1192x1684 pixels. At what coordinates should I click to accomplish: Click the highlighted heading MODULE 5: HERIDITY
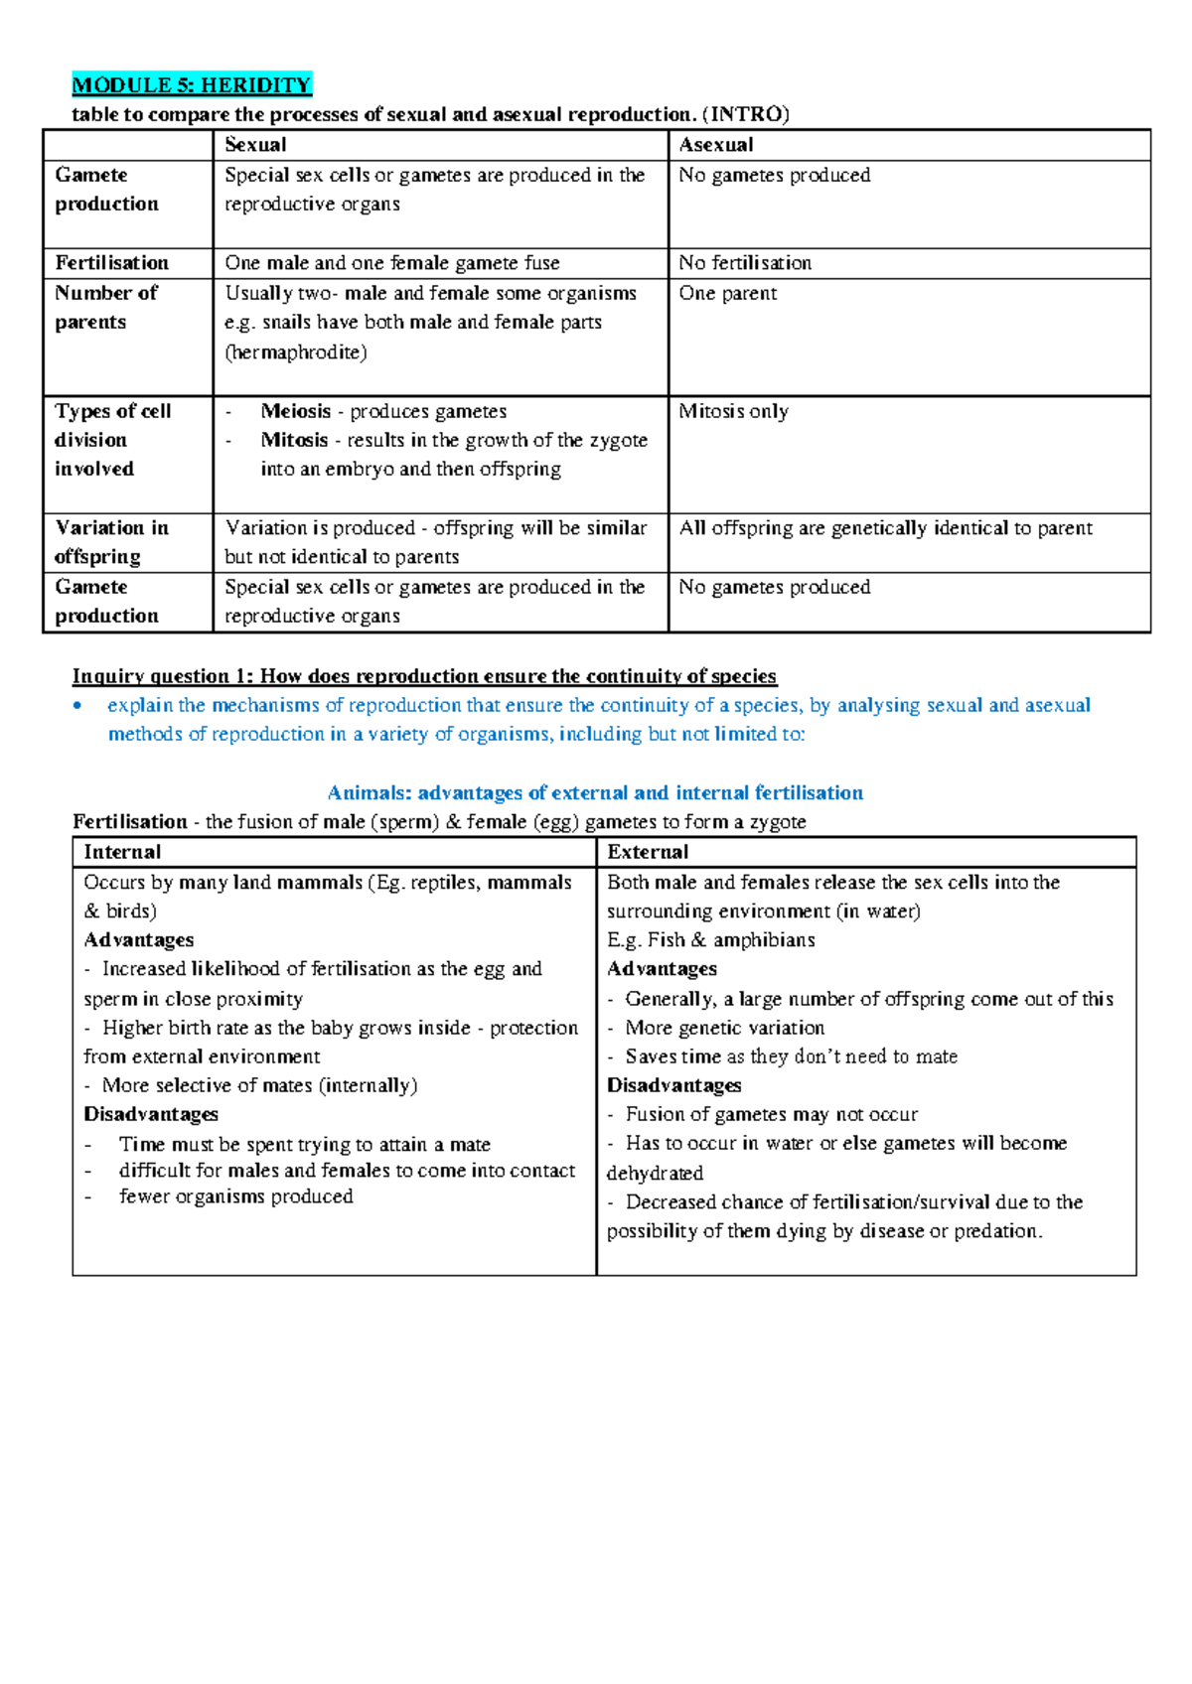(192, 84)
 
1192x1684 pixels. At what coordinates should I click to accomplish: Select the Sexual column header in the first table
(255, 145)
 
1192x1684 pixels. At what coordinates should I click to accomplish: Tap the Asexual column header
(715, 145)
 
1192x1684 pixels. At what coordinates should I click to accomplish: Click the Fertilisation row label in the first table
(111, 263)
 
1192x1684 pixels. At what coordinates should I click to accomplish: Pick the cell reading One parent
(727, 293)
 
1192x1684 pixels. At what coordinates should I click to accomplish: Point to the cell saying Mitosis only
(733, 411)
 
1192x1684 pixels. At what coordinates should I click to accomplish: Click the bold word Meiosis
(296, 411)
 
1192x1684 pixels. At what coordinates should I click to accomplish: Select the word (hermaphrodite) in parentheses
(296, 352)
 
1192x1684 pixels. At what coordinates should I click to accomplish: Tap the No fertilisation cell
(745, 263)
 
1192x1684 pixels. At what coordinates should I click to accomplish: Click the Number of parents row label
(105, 307)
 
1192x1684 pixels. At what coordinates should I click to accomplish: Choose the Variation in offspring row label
(110, 541)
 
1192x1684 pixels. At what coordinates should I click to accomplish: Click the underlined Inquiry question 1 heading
(424, 676)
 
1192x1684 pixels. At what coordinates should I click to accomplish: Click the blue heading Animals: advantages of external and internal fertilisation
(595, 792)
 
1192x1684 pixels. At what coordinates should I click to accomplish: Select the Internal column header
(122, 852)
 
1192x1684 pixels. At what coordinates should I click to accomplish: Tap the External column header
(648, 852)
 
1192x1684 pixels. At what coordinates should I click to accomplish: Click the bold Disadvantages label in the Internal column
(151, 1114)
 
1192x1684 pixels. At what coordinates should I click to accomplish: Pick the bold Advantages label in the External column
(662, 968)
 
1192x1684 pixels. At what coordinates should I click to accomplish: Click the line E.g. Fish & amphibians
(710, 939)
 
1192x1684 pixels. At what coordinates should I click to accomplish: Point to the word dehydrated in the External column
(655, 1173)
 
